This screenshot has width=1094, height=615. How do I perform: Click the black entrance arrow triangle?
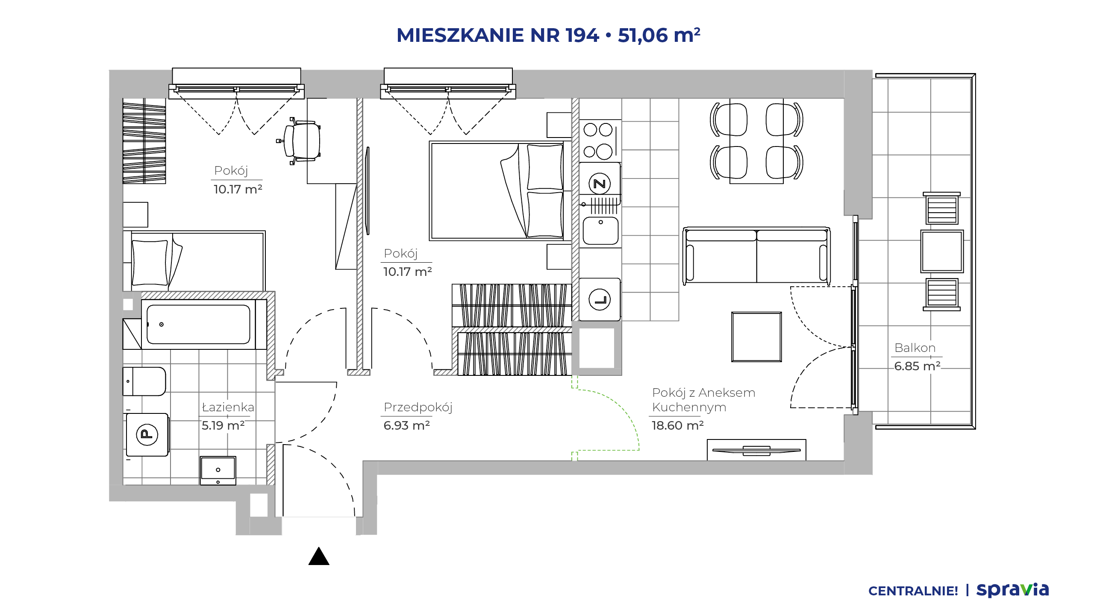[x=319, y=556]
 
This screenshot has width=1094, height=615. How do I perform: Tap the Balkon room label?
[x=915, y=348]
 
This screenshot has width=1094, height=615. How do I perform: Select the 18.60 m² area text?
[x=677, y=425]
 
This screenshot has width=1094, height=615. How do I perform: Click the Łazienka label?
[x=228, y=407]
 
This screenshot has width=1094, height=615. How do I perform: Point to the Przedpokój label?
[x=418, y=407]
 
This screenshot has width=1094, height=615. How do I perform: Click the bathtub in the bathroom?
[x=198, y=324]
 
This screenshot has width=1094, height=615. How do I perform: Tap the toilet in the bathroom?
[x=144, y=381]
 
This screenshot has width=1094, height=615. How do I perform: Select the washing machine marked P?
[x=147, y=434]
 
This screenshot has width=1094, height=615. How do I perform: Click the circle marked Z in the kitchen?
[x=600, y=184]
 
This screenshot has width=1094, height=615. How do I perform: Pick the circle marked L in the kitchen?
[x=600, y=299]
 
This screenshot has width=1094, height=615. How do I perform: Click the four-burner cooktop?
[x=598, y=141]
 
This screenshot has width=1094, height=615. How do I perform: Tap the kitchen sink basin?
[x=600, y=231]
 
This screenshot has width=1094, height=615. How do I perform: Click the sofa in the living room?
[x=756, y=255]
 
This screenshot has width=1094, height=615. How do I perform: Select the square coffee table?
[x=756, y=337]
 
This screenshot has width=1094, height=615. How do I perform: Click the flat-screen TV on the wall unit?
[x=756, y=451]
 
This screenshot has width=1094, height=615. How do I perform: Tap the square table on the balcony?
[x=942, y=251]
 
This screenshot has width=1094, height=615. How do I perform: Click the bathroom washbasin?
[x=218, y=471]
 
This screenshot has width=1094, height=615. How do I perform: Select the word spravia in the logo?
[x=1012, y=590]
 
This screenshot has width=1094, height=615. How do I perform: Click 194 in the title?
[x=582, y=35]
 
